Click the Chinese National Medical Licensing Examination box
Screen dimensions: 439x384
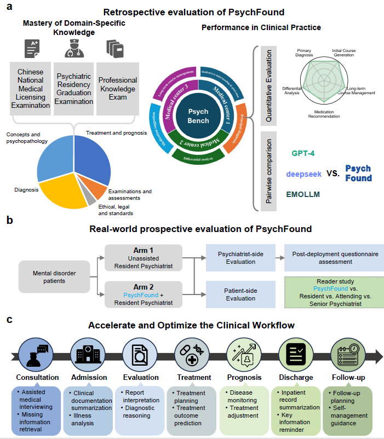point(30,88)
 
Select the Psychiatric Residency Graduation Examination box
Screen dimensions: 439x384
point(73,88)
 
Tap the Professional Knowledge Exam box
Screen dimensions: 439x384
point(118,88)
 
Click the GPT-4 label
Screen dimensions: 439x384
point(304,154)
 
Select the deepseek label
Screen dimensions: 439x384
point(304,174)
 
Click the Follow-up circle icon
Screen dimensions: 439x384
point(349,354)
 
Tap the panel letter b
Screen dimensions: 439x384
point(9,221)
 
